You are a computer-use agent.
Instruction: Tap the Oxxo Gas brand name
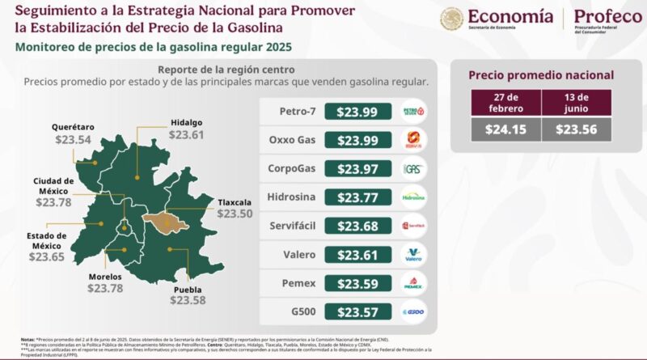(x=291, y=140)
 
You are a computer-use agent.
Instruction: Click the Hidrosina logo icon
(x=413, y=197)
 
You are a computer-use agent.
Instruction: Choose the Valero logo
(x=413, y=255)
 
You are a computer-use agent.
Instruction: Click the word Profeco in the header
(x=607, y=17)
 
